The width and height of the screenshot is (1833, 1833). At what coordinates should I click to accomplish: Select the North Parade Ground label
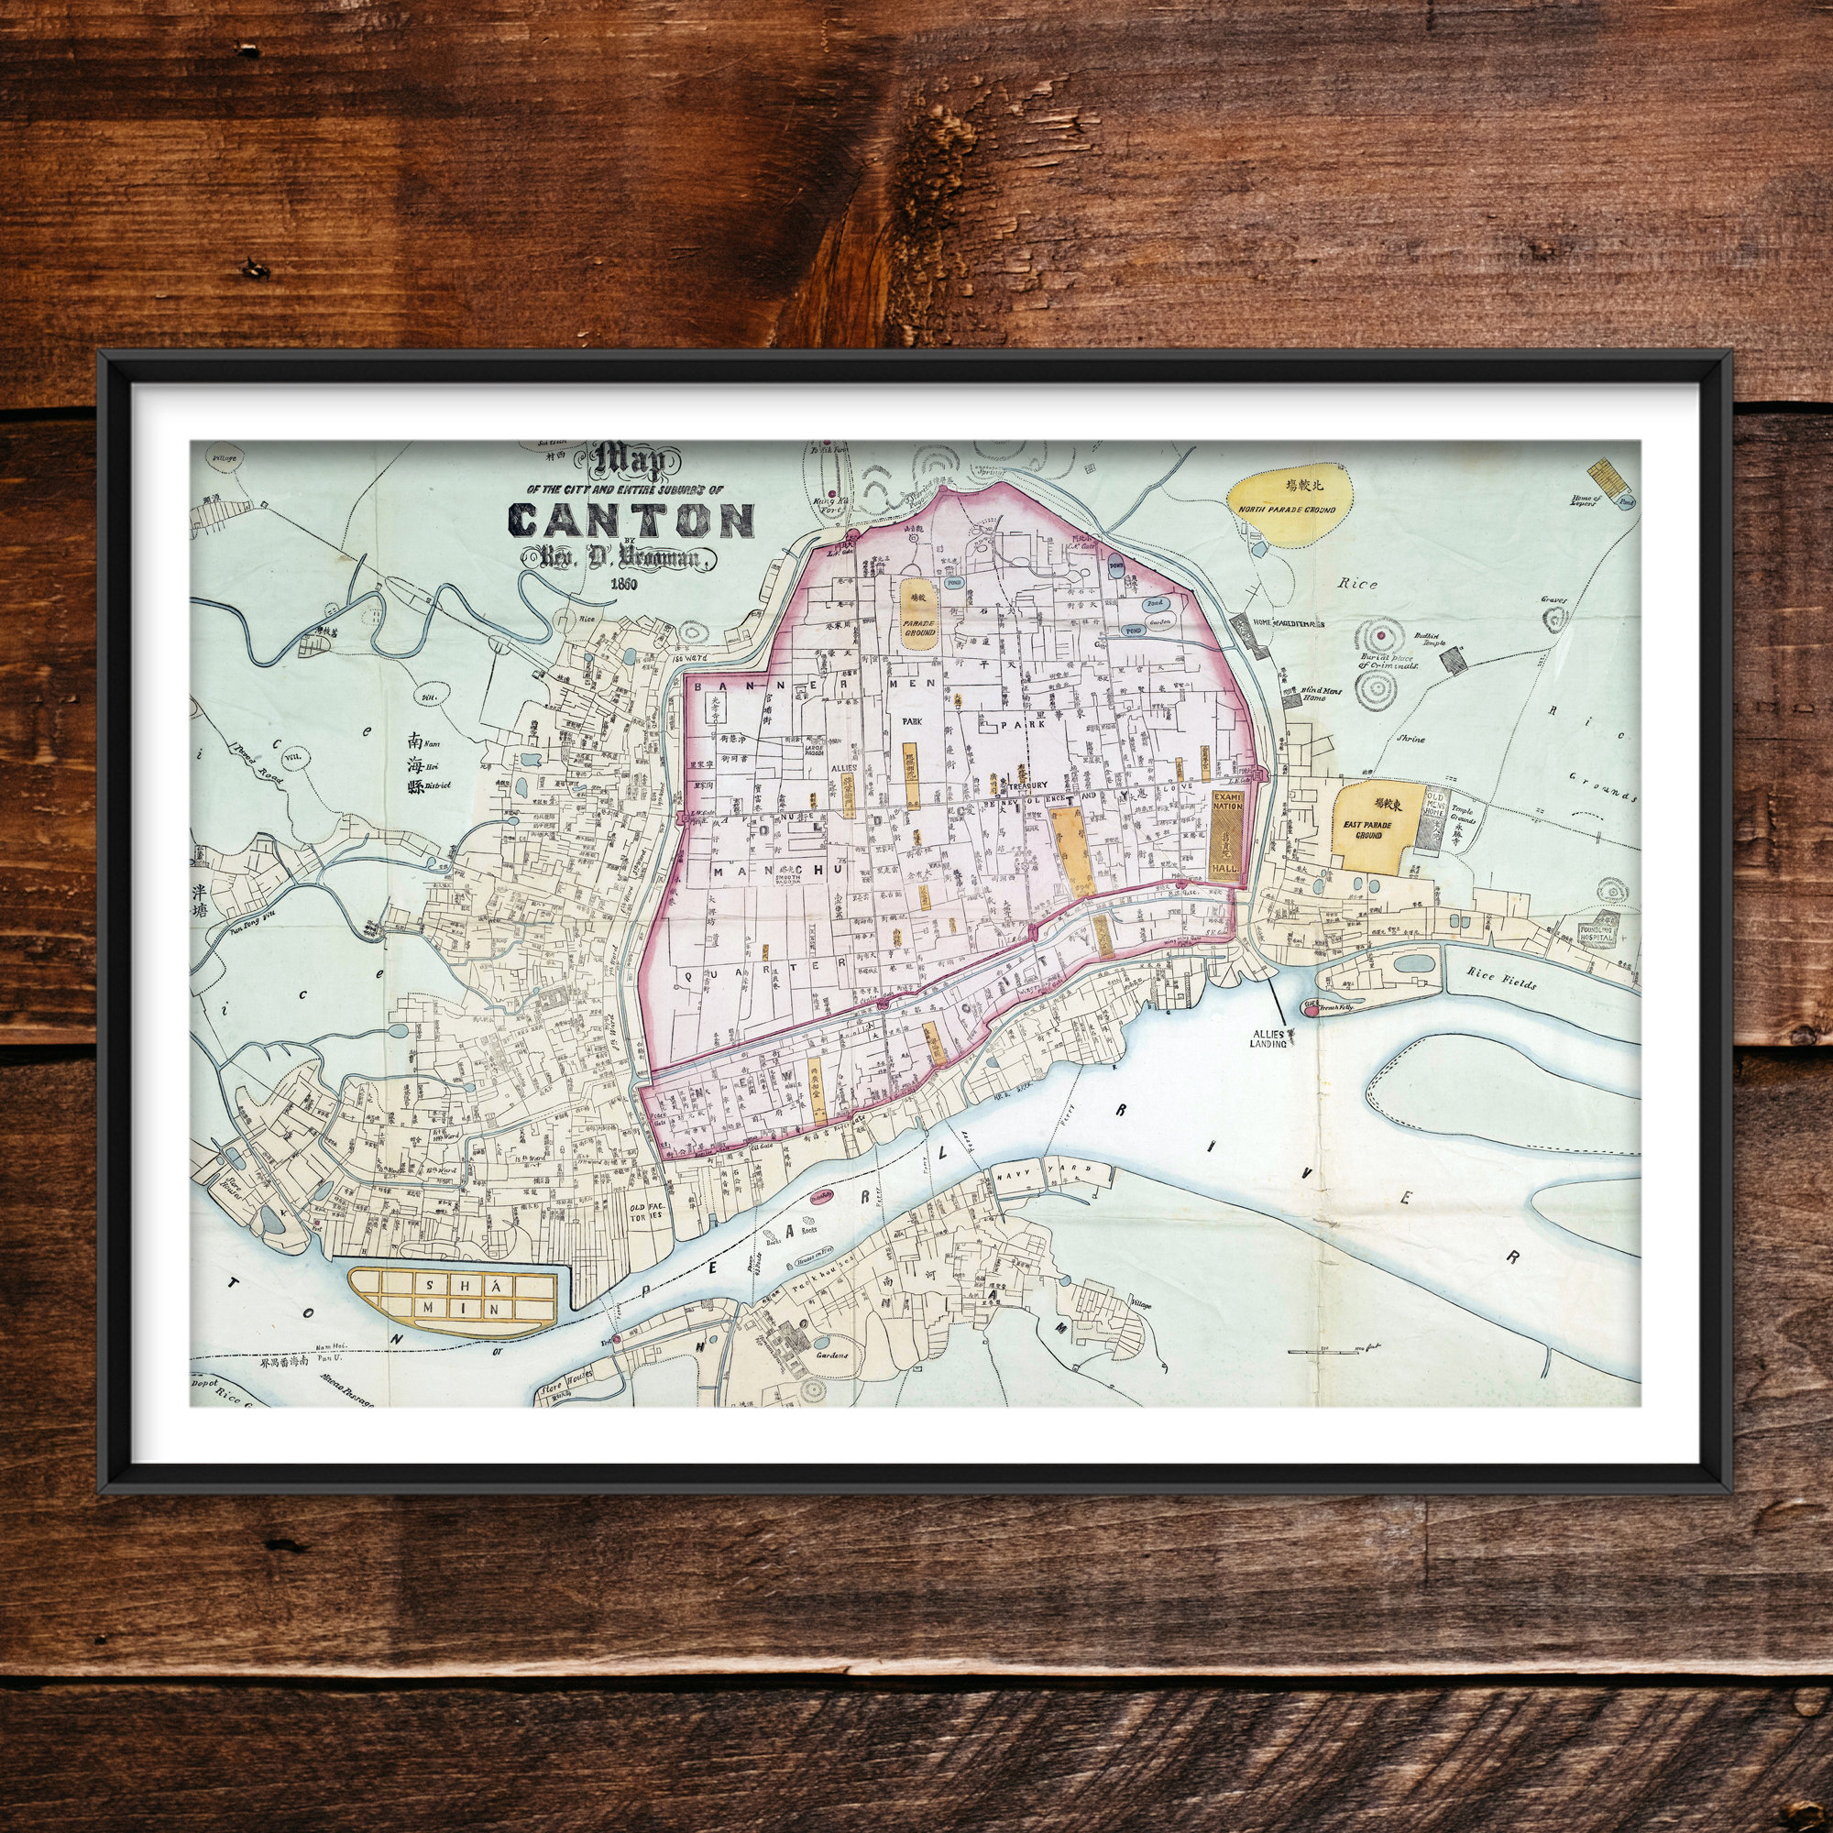tap(1287, 510)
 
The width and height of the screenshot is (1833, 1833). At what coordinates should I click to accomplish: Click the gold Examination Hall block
tap(1223, 838)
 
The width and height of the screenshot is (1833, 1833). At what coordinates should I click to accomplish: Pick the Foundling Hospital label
tap(1598, 933)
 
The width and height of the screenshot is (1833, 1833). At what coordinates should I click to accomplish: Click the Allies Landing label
tap(1268, 1038)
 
